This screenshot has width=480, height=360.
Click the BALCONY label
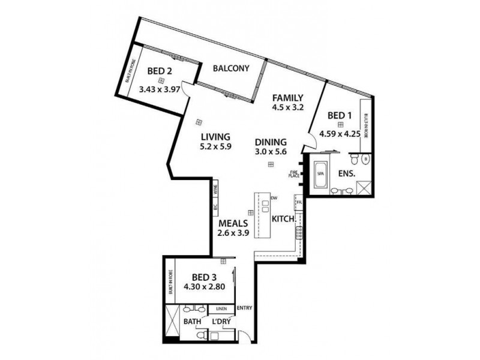[x=231, y=68]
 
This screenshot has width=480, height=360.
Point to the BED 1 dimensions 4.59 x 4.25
[x=340, y=134]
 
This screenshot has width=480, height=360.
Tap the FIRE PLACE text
[x=294, y=174]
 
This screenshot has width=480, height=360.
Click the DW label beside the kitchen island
[x=273, y=198]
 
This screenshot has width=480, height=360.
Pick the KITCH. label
[x=284, y=219]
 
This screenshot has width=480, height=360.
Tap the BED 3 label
[x=204, y=277]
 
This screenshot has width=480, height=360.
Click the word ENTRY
[x=244, y=309]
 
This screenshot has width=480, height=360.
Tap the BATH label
[x=193, y=322]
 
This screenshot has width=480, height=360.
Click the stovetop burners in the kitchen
[x=298, y=232]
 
